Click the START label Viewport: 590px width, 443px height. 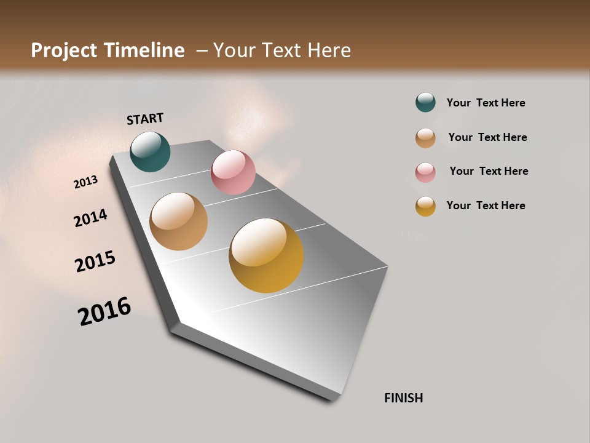145,118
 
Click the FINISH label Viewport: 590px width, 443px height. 403,398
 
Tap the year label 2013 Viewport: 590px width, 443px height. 85,182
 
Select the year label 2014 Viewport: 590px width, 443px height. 90,218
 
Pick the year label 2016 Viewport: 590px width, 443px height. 104,311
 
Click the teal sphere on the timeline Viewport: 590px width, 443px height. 150,152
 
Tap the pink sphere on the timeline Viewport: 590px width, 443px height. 233,172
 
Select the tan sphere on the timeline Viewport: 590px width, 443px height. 178,221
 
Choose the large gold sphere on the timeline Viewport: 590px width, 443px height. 266,255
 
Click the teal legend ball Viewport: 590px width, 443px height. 425,102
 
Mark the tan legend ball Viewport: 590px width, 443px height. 425,138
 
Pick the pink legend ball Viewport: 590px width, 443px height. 425,172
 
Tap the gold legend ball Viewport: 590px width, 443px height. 425,206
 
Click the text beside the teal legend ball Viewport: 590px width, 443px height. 486,103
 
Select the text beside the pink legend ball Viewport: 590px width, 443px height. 489,171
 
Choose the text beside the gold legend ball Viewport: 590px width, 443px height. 486,206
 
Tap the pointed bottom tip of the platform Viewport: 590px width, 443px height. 332,397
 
